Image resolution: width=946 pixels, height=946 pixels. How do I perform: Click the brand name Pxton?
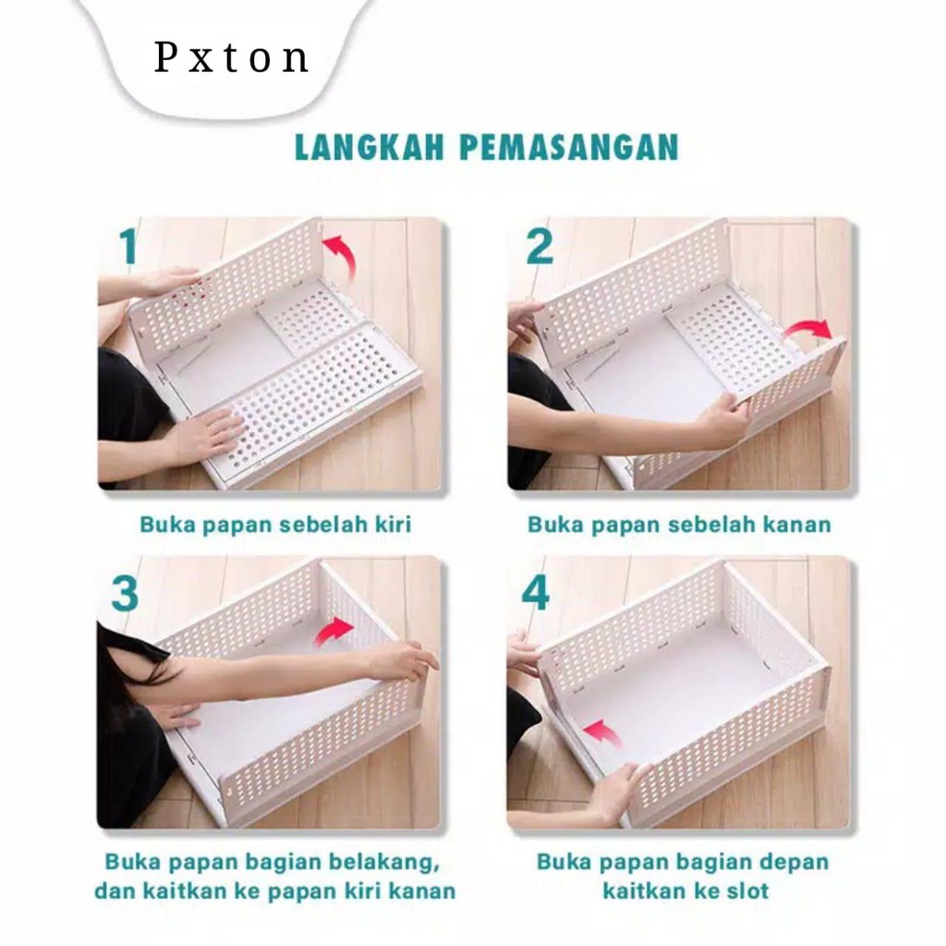pos(232,58)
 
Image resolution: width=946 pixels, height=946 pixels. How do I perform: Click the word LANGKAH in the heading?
pos(370,147)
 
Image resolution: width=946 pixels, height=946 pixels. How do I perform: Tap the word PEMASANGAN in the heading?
pos(569,147)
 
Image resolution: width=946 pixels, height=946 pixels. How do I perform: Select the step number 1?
pos(127,246)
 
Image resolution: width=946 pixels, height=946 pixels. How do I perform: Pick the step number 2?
pos(539,246)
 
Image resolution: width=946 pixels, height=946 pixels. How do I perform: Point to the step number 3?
pos(125,594)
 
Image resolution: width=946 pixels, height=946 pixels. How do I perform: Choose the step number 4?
pos(535,594)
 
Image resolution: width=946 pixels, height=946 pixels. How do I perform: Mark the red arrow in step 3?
pos(334,631)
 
